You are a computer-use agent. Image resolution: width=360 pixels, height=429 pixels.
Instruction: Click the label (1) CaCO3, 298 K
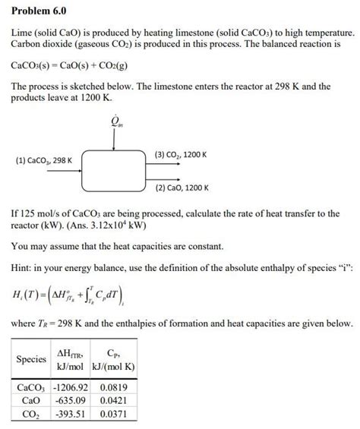[44, 160]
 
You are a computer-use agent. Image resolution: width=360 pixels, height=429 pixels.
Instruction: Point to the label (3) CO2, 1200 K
[181, 154]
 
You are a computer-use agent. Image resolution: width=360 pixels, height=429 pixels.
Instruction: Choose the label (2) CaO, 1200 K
[182, 187]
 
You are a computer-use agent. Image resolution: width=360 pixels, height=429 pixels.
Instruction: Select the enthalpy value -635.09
[75, 400]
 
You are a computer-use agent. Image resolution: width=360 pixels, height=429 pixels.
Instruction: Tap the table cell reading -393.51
[75, 415]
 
